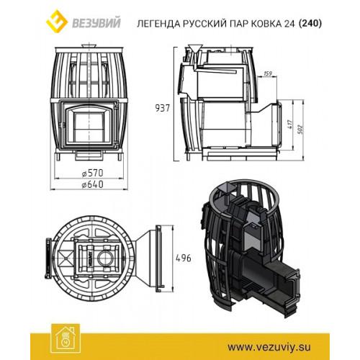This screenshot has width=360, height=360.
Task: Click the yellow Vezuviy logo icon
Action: tap(57, 21)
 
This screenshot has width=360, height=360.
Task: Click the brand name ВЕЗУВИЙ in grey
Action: tap(96, 24)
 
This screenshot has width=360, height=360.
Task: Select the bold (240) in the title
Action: tap(310, 24)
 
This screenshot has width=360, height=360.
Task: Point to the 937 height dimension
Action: tap(163, 108)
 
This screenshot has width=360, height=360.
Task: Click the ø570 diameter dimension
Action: tap(92, 173)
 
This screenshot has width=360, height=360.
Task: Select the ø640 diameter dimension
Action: tap(92, 184)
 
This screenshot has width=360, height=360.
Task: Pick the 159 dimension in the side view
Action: tap(267, 73)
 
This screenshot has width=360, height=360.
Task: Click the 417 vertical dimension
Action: tap(291, 124)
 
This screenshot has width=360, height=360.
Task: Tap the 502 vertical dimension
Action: tap(301, 129)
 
